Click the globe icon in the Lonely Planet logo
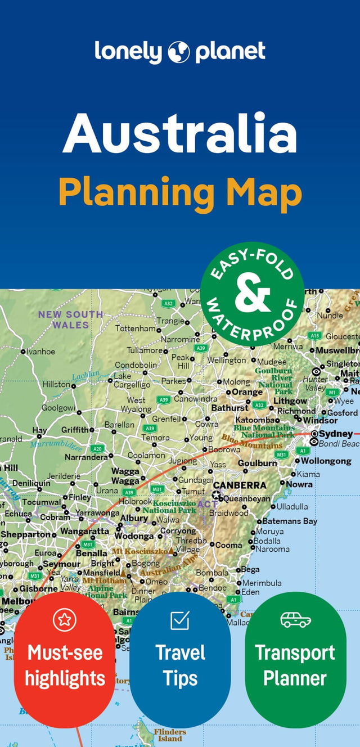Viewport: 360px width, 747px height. click(178, 52)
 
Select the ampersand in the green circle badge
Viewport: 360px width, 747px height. click(253, 294)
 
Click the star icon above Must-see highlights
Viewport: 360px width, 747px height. click(64, 620)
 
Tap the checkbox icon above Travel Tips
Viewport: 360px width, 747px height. click(180, 620)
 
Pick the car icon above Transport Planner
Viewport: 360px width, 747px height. click(295, 619)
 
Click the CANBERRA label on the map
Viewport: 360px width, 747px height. click(240, 485)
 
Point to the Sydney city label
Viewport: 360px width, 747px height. click(336, 434)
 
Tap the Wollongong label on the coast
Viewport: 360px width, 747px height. click(326, 461)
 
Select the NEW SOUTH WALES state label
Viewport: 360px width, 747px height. click(70, 319)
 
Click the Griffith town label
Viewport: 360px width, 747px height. click(75, 430)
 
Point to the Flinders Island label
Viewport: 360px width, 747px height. click(170, 735)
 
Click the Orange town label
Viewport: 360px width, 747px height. click(247, 392)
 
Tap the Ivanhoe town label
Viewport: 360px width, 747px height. click(41, 352)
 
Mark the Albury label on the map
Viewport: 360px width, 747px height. click(134, 518)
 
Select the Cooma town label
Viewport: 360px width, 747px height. click(229, 545)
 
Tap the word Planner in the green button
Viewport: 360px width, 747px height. click(295, 678)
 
